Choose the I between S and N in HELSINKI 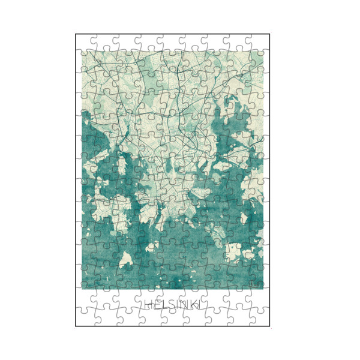point(176,304)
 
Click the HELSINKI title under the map point(173,304)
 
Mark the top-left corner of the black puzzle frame point(76,34)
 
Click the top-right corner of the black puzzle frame point(269,34)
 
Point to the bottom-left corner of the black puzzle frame point(76,326)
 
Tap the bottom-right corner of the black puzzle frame point(269,326)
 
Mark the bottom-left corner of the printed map point(82,289)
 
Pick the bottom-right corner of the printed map point(263,289)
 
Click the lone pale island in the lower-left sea point(125,260)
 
